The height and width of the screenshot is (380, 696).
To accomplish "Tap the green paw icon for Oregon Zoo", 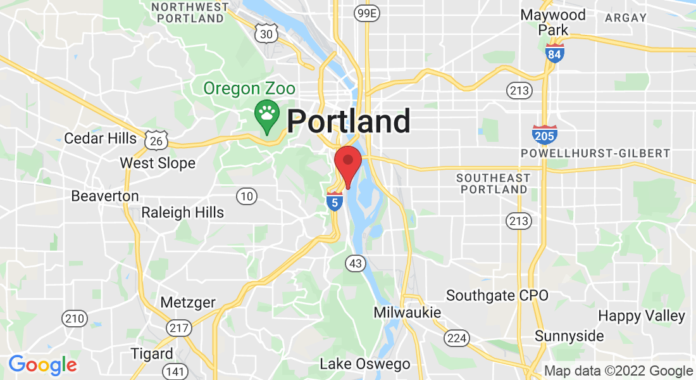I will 267,115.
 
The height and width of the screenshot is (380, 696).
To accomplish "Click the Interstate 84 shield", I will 554,53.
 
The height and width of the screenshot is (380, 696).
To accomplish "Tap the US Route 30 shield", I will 266,34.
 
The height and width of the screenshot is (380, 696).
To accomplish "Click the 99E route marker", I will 366,13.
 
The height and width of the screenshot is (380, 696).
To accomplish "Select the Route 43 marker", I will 356,263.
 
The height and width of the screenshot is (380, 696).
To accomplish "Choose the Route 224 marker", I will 456,338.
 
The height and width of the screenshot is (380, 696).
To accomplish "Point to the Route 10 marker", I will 247,196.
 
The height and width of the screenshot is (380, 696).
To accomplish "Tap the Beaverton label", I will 105,196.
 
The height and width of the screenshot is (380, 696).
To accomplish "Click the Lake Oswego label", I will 364,364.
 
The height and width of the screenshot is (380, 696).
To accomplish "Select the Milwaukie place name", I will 407,312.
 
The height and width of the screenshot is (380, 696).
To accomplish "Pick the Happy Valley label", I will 642,315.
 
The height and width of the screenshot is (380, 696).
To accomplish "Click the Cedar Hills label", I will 100,138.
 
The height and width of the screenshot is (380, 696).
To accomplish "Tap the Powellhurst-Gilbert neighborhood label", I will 595,153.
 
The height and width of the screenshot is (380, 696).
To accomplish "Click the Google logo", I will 42,365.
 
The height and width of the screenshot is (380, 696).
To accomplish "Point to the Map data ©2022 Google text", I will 618,371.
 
